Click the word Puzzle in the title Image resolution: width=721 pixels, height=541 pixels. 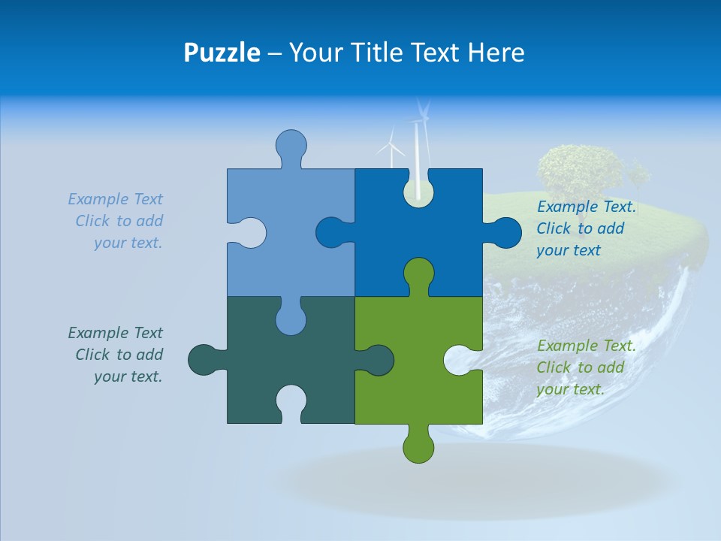[x=222, y=53]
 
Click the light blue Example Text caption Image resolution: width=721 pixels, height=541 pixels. [x=116, y=221]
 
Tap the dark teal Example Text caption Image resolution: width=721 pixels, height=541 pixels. [x=116, y=355]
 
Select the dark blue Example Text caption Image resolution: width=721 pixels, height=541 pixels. [x=586, y=228]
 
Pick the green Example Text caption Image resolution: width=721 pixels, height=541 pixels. [x=586, y=367]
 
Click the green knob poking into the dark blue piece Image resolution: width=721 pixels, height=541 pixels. [x=418, y=274]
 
